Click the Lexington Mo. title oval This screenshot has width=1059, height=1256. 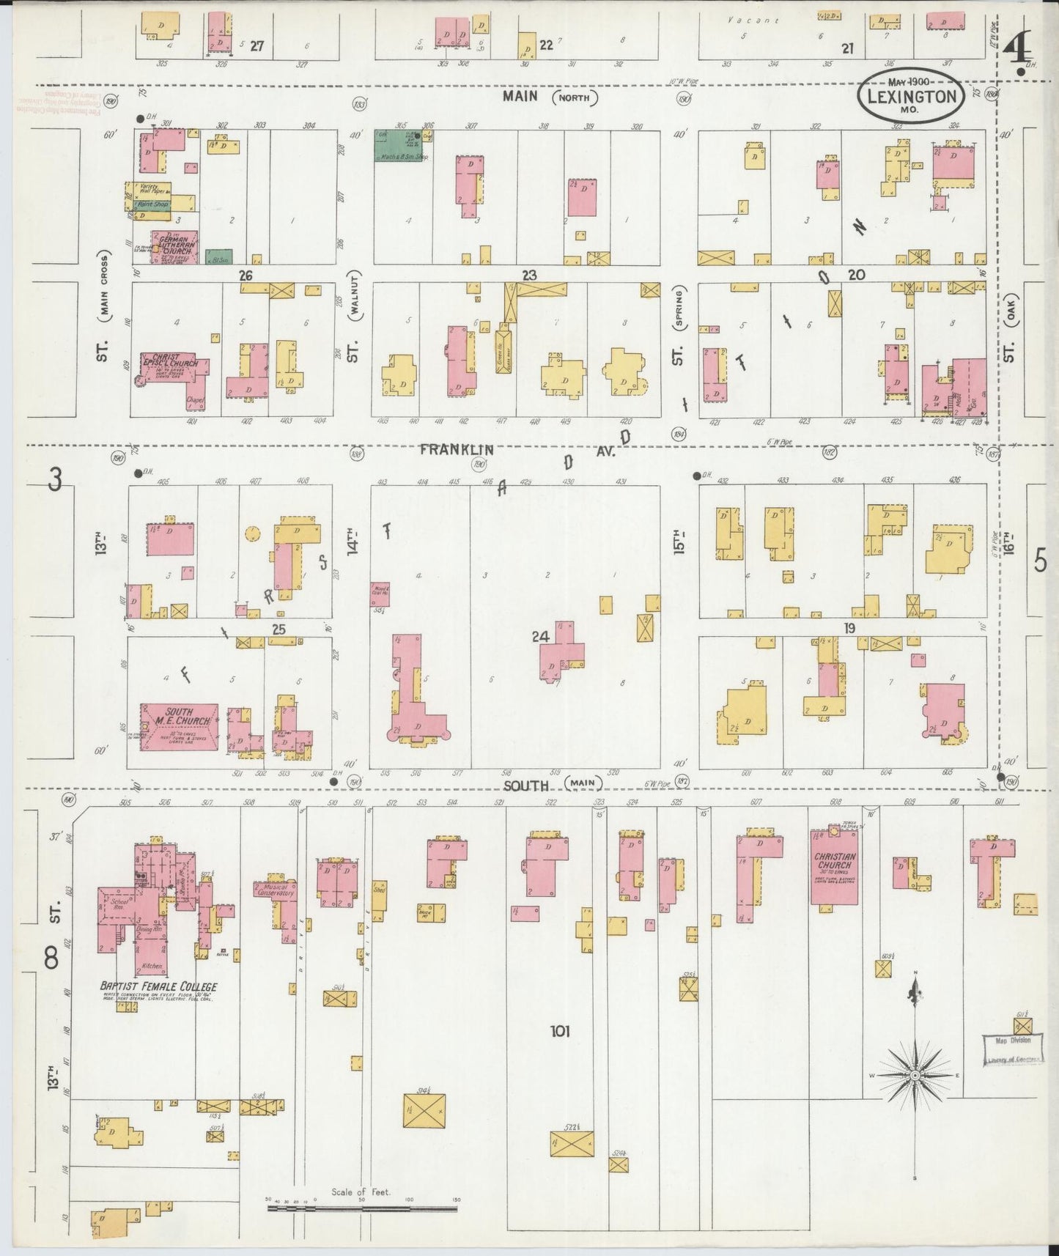(x=911, y=96)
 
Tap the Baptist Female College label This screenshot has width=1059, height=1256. (x=158, y=986)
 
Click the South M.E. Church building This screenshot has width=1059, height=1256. (x=180, y=726)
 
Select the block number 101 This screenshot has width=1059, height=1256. (x=560, y=1031)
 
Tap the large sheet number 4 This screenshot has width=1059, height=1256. (x=1017, y=51)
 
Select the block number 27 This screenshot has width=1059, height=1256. (x=257, y=45)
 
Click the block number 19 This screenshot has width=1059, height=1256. (x=849, y=628)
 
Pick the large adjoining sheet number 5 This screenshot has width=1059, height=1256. (x=1040, y=561)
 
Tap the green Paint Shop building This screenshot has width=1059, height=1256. (x=152, y=204)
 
